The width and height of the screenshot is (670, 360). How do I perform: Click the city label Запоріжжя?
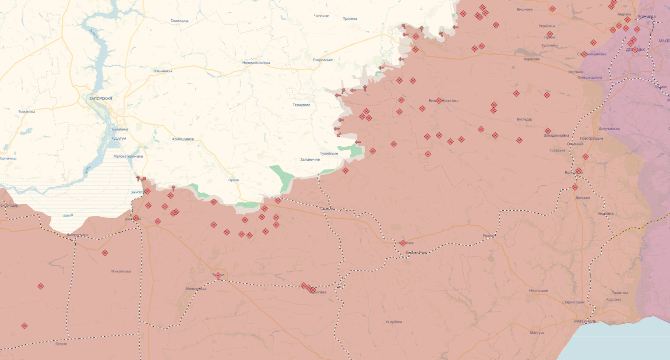point(101,99)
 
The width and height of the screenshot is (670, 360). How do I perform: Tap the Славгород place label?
point(180,21)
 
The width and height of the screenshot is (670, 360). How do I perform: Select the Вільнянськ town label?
point(163,71)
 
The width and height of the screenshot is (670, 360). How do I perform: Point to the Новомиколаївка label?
point(256,63)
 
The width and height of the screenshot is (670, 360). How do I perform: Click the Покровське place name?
point(323,60)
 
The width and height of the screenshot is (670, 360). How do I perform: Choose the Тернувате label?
point(301,105)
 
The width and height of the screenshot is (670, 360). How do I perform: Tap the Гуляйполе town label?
point(329,154)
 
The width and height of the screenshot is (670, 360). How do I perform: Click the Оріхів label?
point(233,180)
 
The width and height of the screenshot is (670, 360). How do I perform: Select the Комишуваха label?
point(183,139)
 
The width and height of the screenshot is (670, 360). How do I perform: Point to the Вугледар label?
point(524,119)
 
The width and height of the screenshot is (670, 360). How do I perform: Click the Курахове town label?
point(532,59)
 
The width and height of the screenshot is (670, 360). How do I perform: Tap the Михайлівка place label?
point(121,272)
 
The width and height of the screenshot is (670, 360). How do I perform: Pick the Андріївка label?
point(394,322)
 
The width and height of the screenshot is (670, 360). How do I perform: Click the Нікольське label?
point(538,291)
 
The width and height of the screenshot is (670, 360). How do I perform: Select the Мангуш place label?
point(536,333)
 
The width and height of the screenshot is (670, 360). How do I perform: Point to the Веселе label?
point(61,344)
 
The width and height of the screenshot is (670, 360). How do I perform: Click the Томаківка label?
point(27,112)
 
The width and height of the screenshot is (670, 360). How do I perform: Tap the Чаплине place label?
point(321,16)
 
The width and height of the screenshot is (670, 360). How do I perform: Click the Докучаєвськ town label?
point(610,129)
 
